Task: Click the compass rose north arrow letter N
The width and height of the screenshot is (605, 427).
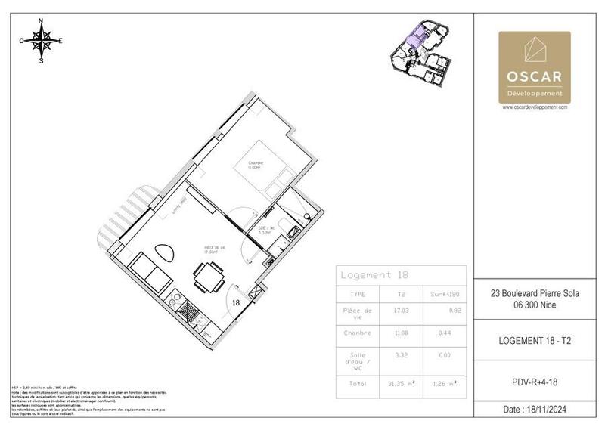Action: click(x=41, y=21)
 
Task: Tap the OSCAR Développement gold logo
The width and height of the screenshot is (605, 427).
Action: click(x=534, y=67)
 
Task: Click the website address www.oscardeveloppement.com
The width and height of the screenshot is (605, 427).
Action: click(x=534, y=107)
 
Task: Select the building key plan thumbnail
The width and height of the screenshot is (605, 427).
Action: click(x=420, y=51)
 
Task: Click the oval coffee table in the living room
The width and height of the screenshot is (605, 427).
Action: click(x=163, y=253)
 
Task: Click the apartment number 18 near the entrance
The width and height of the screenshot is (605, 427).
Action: click(x=236, y=302)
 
